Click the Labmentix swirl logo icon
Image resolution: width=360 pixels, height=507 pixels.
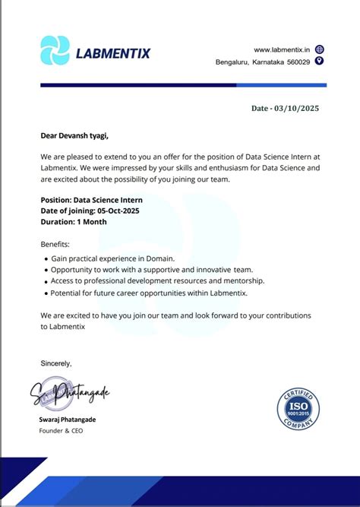[55, 50]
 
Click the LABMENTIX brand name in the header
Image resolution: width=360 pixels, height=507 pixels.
[113, 53]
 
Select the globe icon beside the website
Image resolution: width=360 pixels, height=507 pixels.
[319, 49]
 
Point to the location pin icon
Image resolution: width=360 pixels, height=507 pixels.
[319, 61]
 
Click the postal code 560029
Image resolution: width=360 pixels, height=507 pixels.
[295, 62]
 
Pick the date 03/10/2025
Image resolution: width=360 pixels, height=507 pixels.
[297, 109]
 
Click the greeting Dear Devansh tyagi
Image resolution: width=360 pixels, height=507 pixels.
[74, 136]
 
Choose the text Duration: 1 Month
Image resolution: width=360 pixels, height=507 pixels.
[74, 222]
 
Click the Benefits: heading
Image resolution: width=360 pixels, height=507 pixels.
[55, 244]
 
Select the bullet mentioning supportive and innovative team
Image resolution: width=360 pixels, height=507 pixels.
[152, 270]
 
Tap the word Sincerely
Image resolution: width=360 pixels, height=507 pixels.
[56, 363]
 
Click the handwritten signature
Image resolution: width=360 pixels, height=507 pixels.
[71, 395]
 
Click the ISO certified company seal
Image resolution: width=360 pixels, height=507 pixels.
[298, 408]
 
